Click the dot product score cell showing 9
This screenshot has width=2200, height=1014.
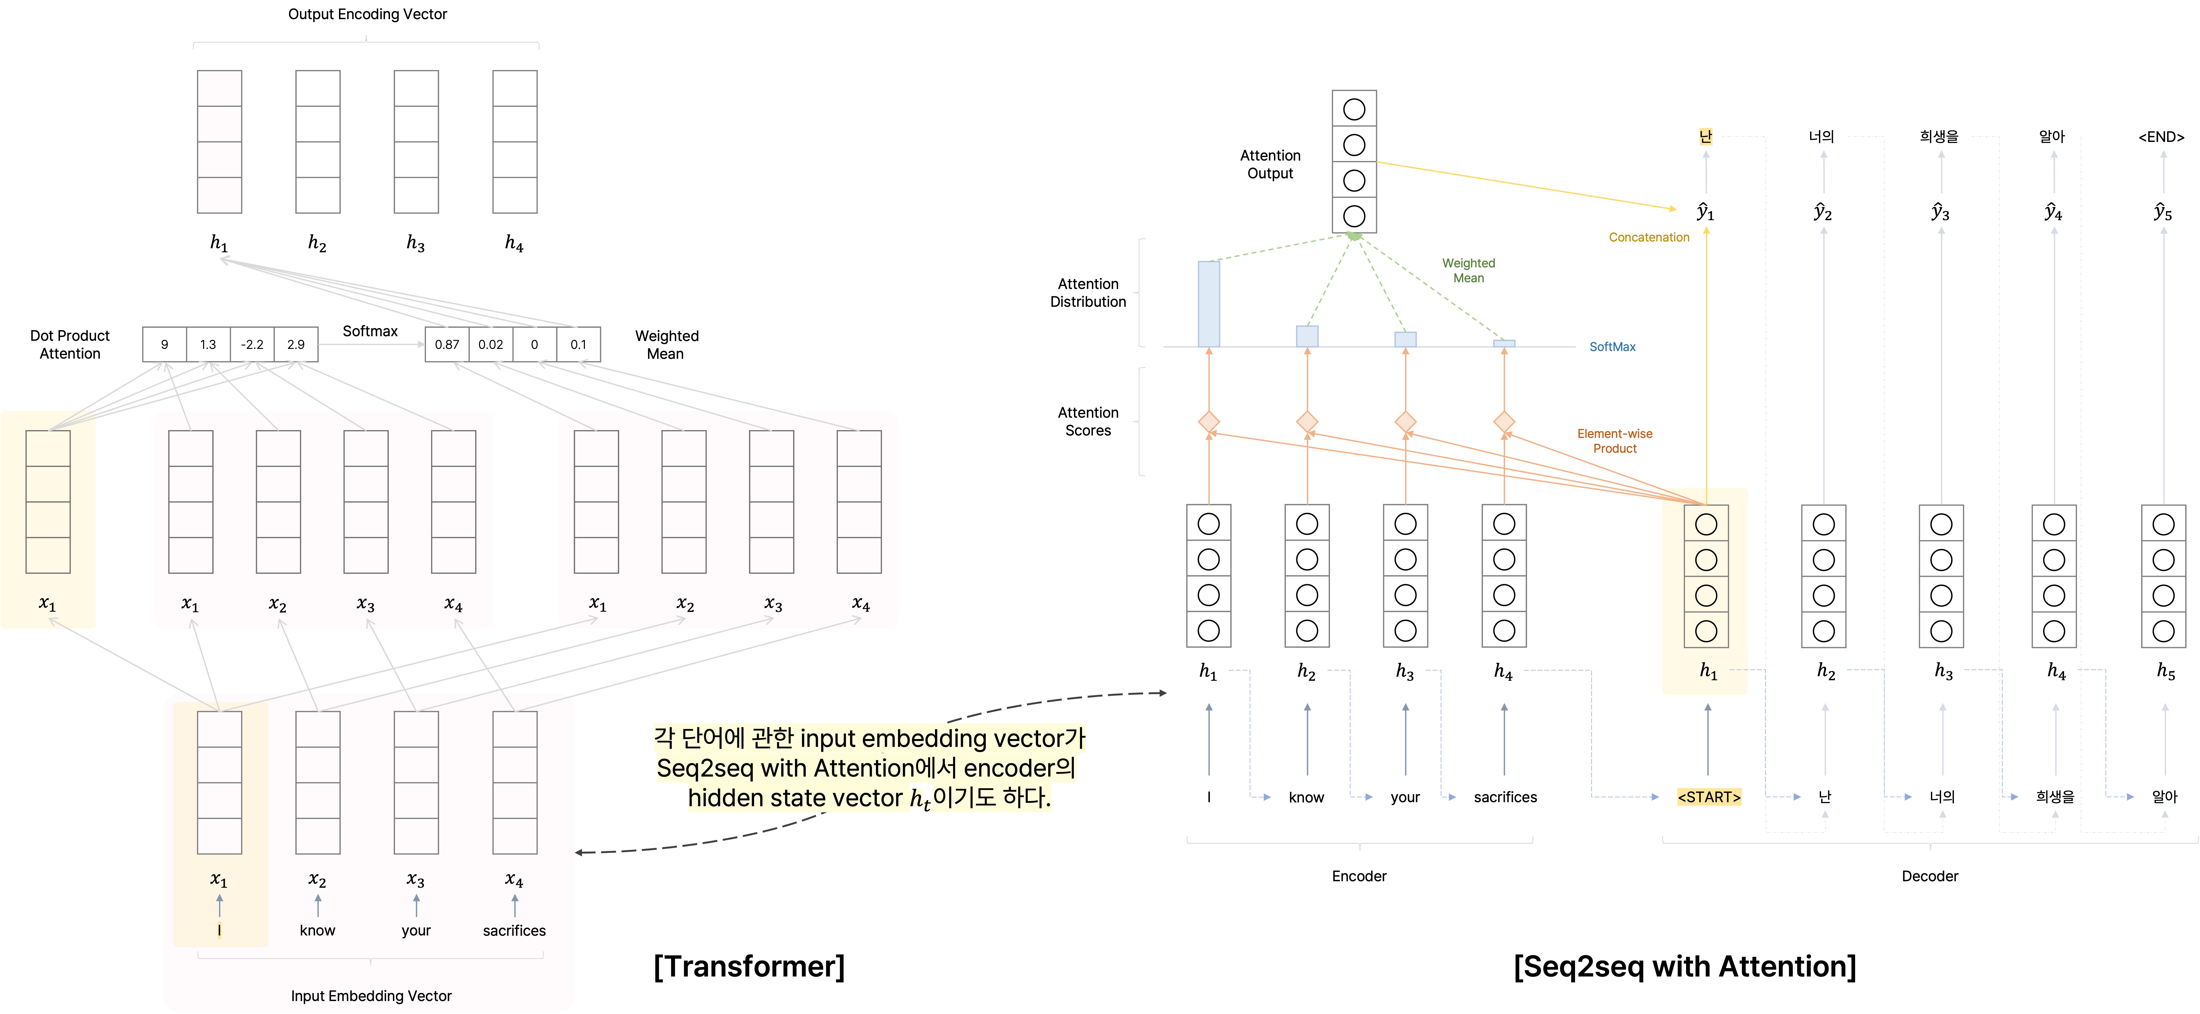[165, 344]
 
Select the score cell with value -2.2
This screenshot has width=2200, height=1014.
[252, 344]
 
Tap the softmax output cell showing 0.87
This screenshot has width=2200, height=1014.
[447, 344]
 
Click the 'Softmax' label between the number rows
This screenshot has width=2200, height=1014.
[370, 331]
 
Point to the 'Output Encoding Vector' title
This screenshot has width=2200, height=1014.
[367, 14]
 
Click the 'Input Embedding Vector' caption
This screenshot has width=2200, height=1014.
[371, 995]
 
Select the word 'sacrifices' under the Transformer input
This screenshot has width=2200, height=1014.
[514, 930]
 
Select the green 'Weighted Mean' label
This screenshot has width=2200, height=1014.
[1468, 270]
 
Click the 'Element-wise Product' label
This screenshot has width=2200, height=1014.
[1614, 441]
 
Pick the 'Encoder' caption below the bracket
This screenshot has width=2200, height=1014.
[1359, 876]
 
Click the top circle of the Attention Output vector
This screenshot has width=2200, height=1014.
[1354, 109]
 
